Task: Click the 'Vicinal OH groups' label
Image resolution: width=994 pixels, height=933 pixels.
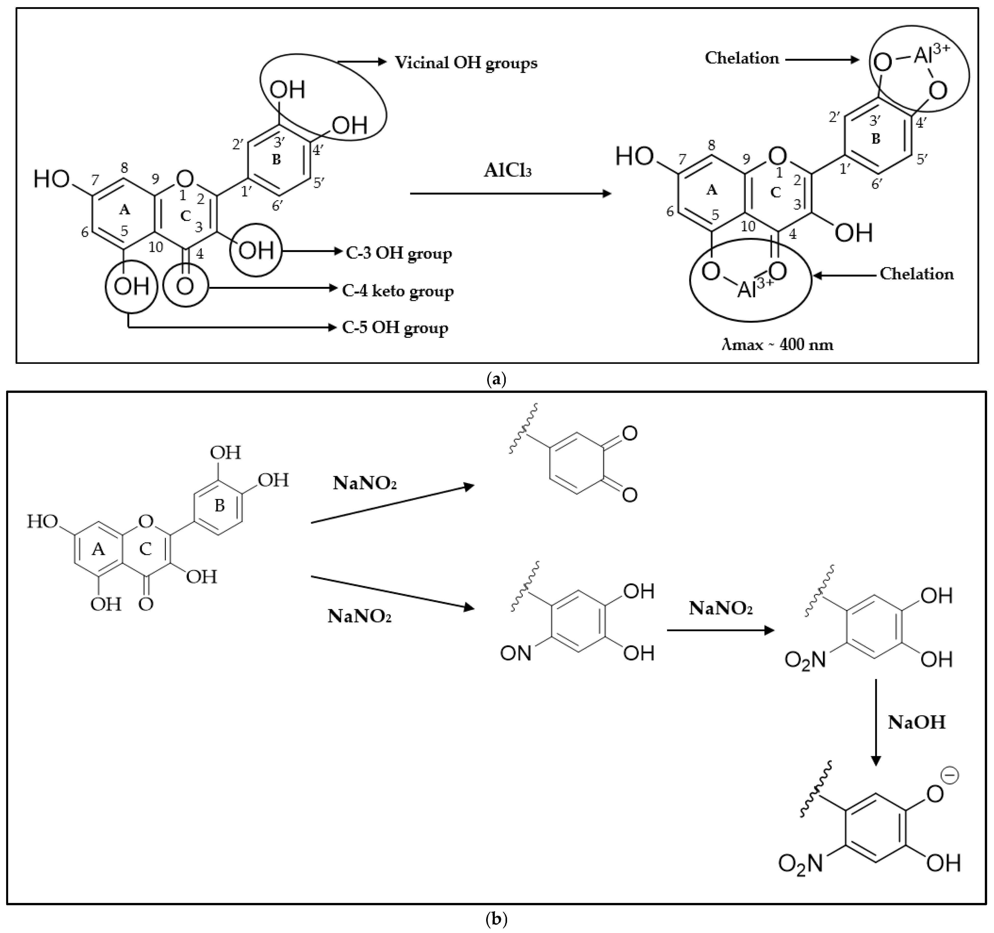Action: click(466, 63)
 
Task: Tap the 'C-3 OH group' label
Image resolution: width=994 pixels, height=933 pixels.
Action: click(399, 254)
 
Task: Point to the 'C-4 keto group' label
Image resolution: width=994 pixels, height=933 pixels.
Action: click(397, 291)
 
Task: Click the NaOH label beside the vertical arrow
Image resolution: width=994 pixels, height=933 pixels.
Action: click(917, 723)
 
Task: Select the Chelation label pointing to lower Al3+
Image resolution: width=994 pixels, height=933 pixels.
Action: click(917, 274)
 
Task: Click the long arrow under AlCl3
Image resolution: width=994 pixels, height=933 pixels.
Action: click(510, 193)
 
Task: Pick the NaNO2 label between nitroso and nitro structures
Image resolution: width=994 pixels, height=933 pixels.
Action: click(721, 608)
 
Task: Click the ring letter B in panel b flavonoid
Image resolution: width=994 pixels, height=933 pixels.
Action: click(219, 506)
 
